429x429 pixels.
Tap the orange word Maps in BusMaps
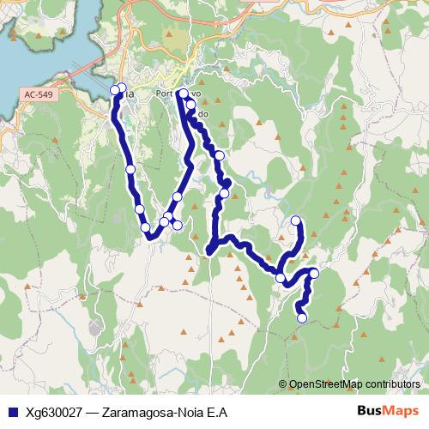tap(403, 411)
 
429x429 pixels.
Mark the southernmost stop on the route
tap(302, 318)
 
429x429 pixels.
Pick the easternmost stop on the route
tap(314, 273)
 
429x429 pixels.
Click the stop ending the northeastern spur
tap(297, 221)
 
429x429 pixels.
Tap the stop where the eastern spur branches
tap(281, 278)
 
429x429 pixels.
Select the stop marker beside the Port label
tap(183, 94)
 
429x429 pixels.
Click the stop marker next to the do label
tap(191, 108)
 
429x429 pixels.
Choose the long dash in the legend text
tap(91, 412)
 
